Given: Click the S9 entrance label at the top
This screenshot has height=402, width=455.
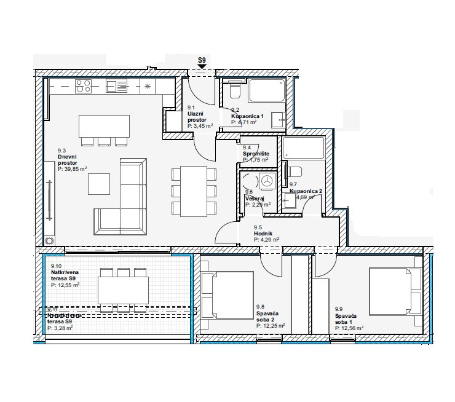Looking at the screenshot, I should tap(201, 60).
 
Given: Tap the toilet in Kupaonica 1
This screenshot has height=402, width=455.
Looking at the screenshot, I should tap(234, 92).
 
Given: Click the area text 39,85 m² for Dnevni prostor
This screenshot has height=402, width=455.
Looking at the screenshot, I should tap(73, 168).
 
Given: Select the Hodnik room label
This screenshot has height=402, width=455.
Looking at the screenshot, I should tap(263, 234).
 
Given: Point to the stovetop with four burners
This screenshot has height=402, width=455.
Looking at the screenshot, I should tap(83, 86).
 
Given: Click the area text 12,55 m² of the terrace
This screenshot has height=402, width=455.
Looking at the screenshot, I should tap(65, 285).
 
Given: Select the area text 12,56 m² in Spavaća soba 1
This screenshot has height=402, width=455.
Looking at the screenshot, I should tap(349, 328).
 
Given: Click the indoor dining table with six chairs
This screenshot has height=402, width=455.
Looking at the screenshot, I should tap(194, 191).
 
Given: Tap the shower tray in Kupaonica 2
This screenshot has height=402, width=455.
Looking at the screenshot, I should tap(304, 148).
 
